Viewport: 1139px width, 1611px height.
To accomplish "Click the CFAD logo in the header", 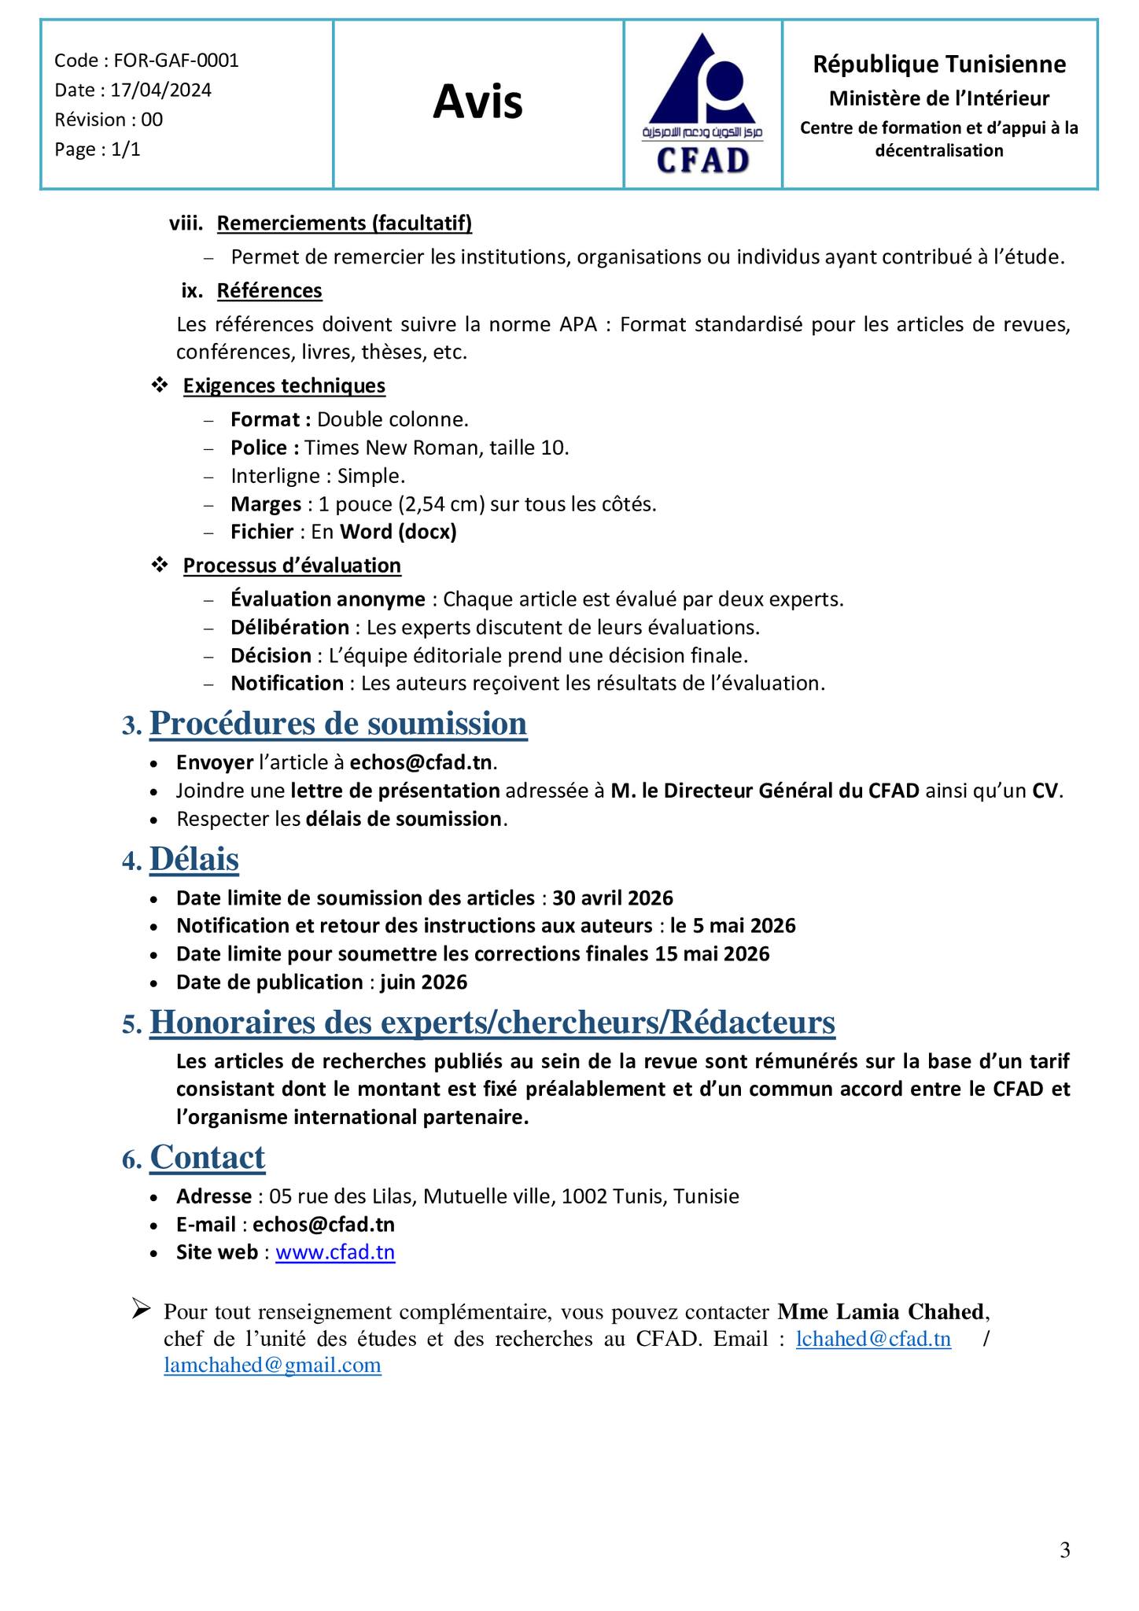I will (702, 105).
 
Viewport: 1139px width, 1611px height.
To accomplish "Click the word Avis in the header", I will (477, 102).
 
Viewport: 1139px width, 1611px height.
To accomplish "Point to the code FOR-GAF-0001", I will (176, 61).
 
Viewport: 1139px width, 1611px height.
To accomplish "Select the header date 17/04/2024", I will (160, 90).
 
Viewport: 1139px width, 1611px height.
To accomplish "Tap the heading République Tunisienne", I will (939, 65).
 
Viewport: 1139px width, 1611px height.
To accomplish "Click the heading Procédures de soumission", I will (337, 724).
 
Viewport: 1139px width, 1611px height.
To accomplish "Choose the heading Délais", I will (194, 859).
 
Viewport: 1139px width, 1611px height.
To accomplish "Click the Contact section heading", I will (208, 1158).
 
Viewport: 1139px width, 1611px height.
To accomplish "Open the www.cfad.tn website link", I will (335, 1252).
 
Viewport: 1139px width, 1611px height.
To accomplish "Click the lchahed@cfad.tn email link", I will (873, 1339).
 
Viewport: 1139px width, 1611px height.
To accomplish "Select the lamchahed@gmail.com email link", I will (272, 1365).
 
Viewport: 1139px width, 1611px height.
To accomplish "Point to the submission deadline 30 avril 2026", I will (613, 898).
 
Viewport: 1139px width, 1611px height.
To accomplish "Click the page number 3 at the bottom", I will (1065, 1550).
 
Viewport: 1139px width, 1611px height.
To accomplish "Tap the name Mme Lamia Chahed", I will (880, 1312).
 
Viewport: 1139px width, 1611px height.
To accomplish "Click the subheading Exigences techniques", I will (284, 386).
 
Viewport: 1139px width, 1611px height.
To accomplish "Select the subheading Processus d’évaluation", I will (292, 566).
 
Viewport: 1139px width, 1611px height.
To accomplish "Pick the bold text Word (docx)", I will (398, 533).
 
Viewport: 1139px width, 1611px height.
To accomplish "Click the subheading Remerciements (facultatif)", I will (345, 224).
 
